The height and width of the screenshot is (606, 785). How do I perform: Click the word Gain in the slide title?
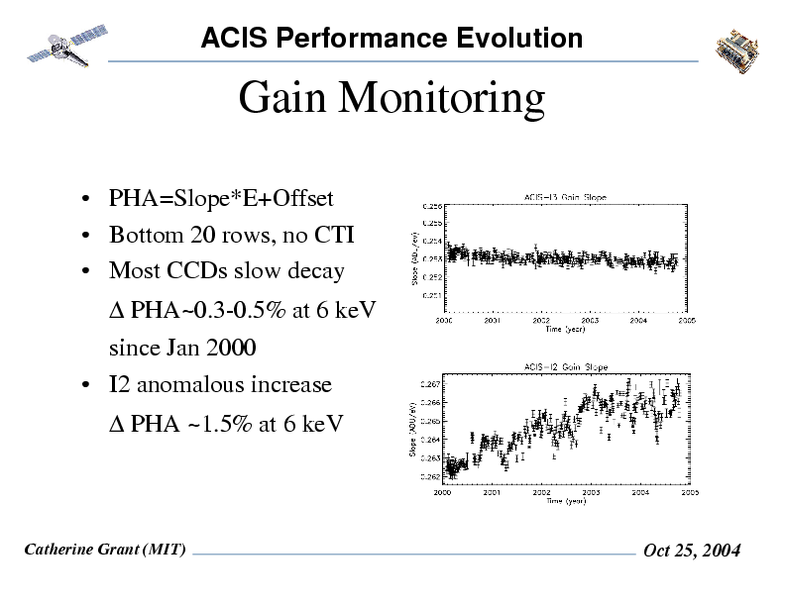coord(287,99)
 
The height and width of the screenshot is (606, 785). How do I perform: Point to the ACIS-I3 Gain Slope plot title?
coord(565,196)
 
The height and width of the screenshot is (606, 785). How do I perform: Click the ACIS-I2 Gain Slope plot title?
coord(565,367)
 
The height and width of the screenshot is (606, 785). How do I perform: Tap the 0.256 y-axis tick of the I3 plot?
coord(433,206)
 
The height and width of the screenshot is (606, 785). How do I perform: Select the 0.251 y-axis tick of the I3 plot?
coord(433,295)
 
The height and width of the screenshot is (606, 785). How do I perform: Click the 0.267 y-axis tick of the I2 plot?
coord(432,383)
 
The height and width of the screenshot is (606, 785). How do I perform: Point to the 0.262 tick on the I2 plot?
coord(432,476)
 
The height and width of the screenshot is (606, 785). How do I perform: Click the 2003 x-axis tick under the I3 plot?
coord(590,320)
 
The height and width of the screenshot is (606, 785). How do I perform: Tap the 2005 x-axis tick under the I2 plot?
coord(689,491)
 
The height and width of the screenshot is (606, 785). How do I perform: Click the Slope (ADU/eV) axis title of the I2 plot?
coord(412,428)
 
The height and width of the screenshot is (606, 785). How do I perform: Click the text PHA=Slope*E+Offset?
coord(220,199)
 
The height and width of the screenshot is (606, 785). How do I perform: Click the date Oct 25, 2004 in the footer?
coord(692,552)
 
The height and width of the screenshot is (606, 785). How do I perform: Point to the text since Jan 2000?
coord(181,349)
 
